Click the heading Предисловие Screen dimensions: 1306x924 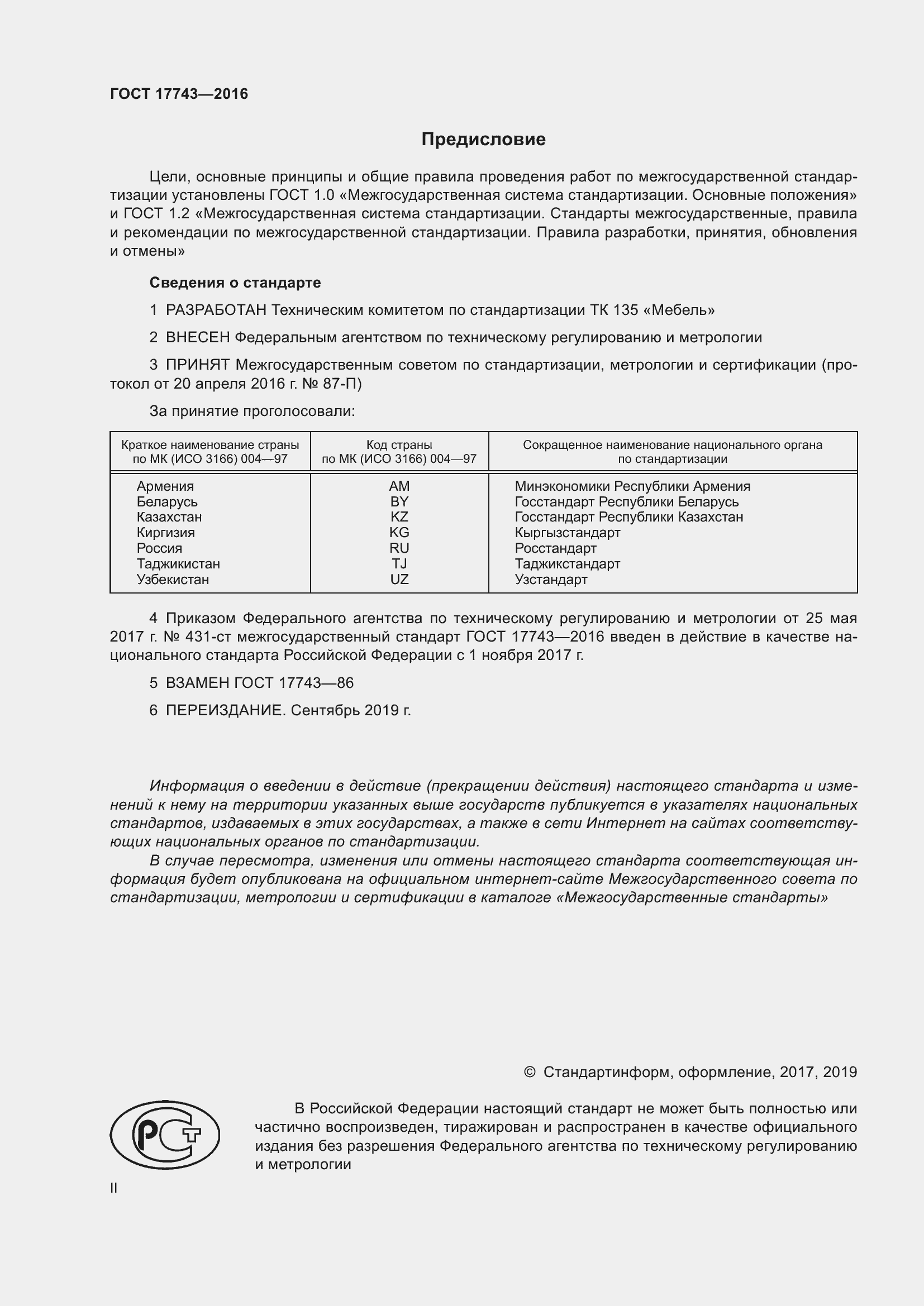click(483, 140)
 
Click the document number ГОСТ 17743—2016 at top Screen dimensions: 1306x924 click(179, 94)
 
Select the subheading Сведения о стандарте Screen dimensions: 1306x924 click(235, 283)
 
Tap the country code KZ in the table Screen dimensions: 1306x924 click(399, 517)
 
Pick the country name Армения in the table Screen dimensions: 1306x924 click(165, 486)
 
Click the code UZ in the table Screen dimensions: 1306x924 click(399, 580)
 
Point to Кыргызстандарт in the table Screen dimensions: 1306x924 click(567, 533)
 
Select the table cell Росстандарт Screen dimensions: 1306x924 click(555, 548)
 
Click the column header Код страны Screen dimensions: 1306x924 click(399, 445)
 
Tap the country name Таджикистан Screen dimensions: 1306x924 click(178, 564)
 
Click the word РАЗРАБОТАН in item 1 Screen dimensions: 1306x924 click(216, 310)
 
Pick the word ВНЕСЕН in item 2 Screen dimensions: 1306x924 click(198, 337)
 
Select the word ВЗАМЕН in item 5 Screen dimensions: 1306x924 click(197, 682)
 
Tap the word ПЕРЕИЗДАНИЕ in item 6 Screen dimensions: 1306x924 click(224, 710)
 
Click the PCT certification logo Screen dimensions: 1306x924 click(165, 1135)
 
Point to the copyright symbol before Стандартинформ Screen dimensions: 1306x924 click(529, 1072)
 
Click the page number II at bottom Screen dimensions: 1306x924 click(114, 1188)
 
